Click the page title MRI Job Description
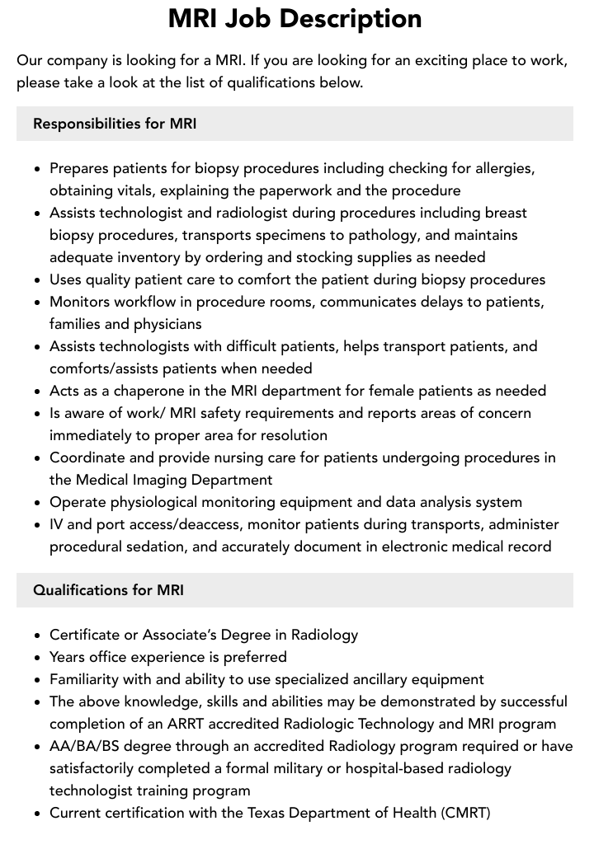[295, 18]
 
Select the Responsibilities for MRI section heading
[115, 124]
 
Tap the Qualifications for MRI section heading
[108, 590]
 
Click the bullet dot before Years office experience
[38, 658]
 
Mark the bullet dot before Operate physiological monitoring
[38, 503]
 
